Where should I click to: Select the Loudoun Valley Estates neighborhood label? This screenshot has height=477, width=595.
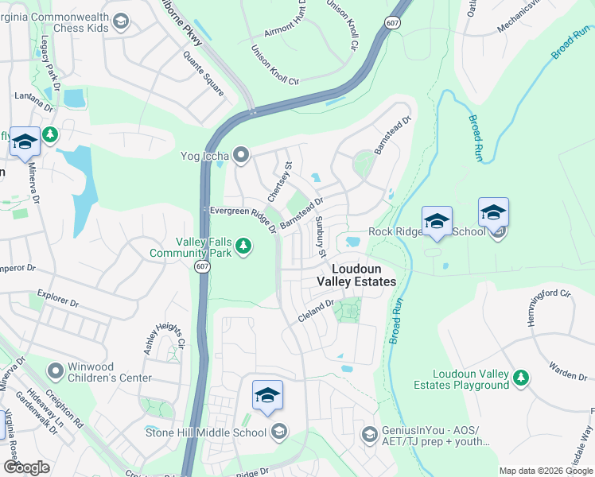coord(356,275)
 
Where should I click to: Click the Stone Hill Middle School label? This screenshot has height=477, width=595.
coord(205,432)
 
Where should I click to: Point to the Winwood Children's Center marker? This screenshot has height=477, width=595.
coord(55,370)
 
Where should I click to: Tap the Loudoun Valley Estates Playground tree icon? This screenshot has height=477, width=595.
coord(521,378)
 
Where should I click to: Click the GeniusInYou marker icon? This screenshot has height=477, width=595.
coord(369,434)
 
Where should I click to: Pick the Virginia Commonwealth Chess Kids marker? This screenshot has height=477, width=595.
coord(121,21)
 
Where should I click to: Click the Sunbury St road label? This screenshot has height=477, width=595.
coord(321,237)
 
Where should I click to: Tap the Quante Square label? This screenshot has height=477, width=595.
coord(203,70)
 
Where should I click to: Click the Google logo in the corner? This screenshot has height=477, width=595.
coord(26,467)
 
